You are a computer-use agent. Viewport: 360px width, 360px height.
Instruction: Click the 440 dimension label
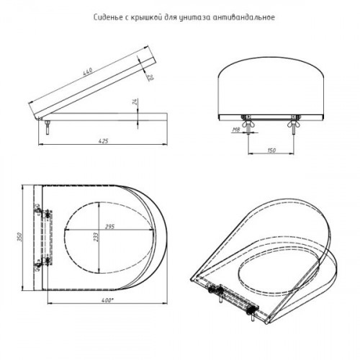click(x=88, y=72)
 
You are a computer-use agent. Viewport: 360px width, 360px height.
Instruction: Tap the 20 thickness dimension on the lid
click(x=150, y=77)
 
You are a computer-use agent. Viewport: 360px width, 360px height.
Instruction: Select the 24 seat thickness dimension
click(x=135, y=102)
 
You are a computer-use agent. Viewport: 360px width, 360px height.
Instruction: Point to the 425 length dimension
click(x=104, y=141)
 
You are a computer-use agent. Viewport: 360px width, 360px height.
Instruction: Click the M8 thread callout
click(x=236, y=130)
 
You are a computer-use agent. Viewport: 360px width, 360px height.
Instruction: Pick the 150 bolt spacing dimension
click(x=271, y=150)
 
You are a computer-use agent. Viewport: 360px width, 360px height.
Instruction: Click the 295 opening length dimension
click(x=109, y=227)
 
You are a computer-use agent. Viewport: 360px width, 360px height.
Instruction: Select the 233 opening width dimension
click(x=96, y=237)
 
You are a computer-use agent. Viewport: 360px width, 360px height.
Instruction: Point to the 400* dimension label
click(x=107, y=300)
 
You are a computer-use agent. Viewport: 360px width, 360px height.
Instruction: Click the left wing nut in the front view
click(x=247, y=125)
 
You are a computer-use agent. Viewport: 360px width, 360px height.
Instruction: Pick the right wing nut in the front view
click(x=292, y=125)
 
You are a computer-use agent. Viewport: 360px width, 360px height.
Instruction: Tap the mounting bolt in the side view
click(x=48, y=127)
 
